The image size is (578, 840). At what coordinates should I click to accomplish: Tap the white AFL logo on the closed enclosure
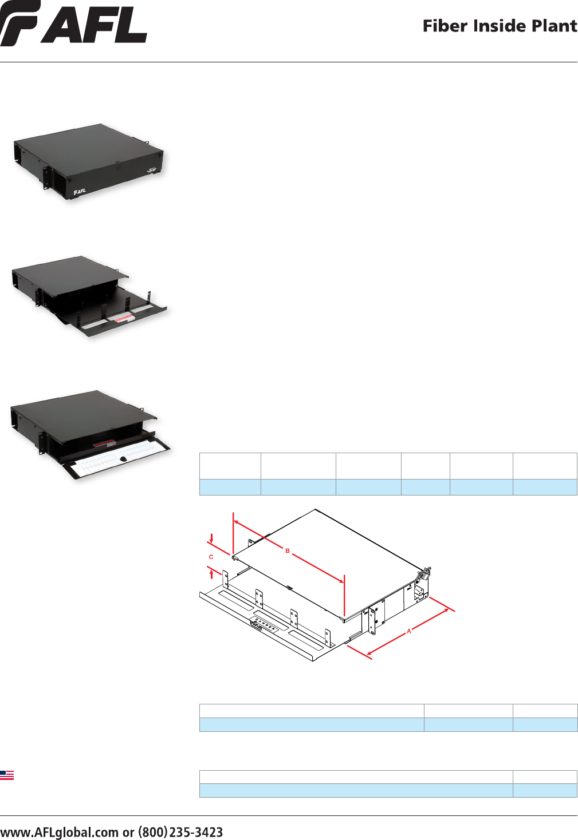click(80, 191)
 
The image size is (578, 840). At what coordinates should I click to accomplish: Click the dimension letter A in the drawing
click(409, 631)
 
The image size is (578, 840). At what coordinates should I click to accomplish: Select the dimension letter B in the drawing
click(288, 550)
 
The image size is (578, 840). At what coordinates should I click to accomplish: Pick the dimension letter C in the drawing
click(211, 557)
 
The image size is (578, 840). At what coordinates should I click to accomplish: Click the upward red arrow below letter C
click(212, 573)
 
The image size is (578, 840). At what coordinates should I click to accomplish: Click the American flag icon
click(7, 775)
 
